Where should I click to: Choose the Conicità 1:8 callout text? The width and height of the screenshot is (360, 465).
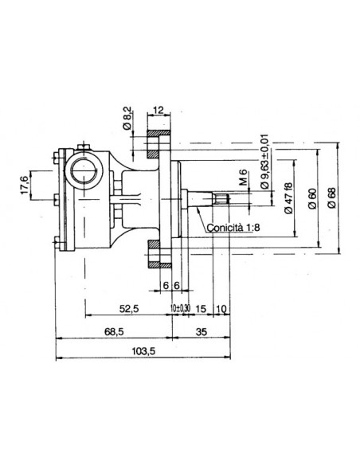233,228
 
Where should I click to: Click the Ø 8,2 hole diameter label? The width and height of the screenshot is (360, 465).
127,118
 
